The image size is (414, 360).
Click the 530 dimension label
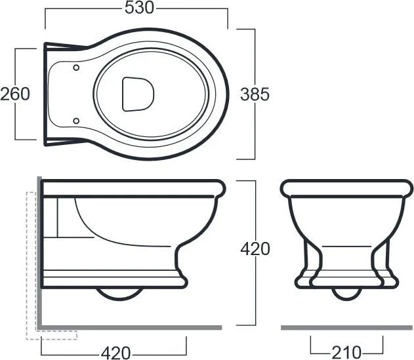click(139, 8)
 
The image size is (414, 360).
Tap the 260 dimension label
click(15, 94)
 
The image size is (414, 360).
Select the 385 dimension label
click(255, 94)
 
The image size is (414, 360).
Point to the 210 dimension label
click(346, 352)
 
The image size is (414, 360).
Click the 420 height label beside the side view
click(255, 249)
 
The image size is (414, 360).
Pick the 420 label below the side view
click(116, 353)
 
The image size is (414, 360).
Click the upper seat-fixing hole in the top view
click(76, 68)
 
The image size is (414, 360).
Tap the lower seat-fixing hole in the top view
click(76, 121)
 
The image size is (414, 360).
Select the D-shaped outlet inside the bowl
click(138, 94)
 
